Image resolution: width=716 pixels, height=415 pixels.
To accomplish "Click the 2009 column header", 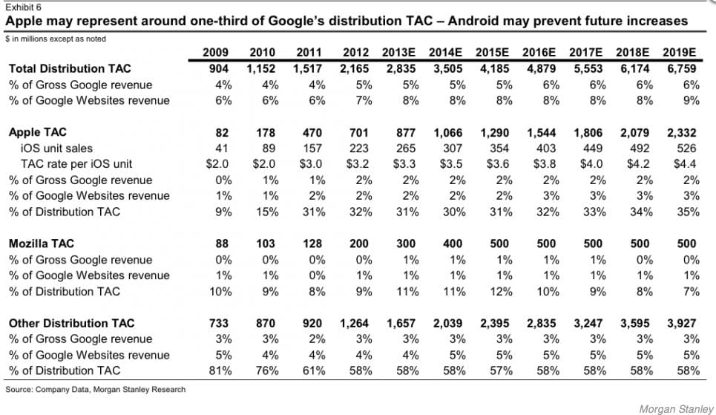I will pos(216,53).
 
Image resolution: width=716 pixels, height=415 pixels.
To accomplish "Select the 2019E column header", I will pos(681,53).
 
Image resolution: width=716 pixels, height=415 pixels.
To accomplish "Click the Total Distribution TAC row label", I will pos(70,68).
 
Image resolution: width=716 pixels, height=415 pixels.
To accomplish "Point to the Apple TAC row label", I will pos(38,132).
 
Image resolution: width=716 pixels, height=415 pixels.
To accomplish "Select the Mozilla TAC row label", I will pos(42,244).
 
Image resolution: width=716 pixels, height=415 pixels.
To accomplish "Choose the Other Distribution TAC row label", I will pos(71,323).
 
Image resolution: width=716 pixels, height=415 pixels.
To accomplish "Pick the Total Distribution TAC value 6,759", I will pos(682,68).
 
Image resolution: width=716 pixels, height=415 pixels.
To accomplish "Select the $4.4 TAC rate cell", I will pos(685,164).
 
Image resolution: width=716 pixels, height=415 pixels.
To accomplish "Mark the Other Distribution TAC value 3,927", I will pos(682,323).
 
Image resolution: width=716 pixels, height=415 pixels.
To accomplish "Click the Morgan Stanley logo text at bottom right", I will pos(671,408).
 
